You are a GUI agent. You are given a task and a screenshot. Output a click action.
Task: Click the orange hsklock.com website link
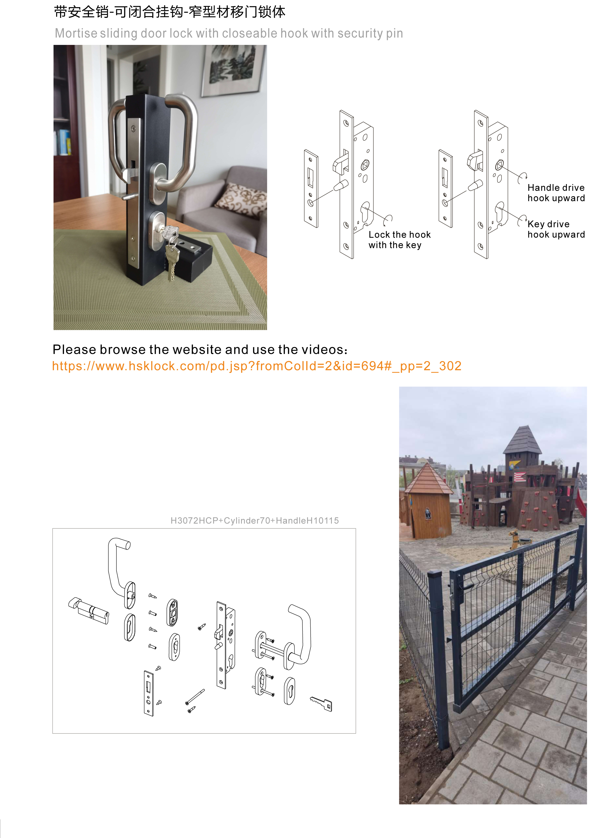[257, 366]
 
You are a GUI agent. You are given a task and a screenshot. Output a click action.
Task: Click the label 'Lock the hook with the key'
[399, 240]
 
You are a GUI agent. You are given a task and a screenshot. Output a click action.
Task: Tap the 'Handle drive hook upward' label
[556, 193]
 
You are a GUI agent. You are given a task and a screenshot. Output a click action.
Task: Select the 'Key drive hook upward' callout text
[556, 229]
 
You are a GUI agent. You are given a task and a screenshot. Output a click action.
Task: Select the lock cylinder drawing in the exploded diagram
[89, 611]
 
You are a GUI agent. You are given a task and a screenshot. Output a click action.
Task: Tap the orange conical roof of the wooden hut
[428, 480]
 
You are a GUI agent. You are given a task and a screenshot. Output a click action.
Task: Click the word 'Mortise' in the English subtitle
[76, 34]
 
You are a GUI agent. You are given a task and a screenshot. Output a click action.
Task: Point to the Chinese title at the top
[169, 12]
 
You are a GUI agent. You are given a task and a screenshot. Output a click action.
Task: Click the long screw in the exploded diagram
[195, 696]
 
